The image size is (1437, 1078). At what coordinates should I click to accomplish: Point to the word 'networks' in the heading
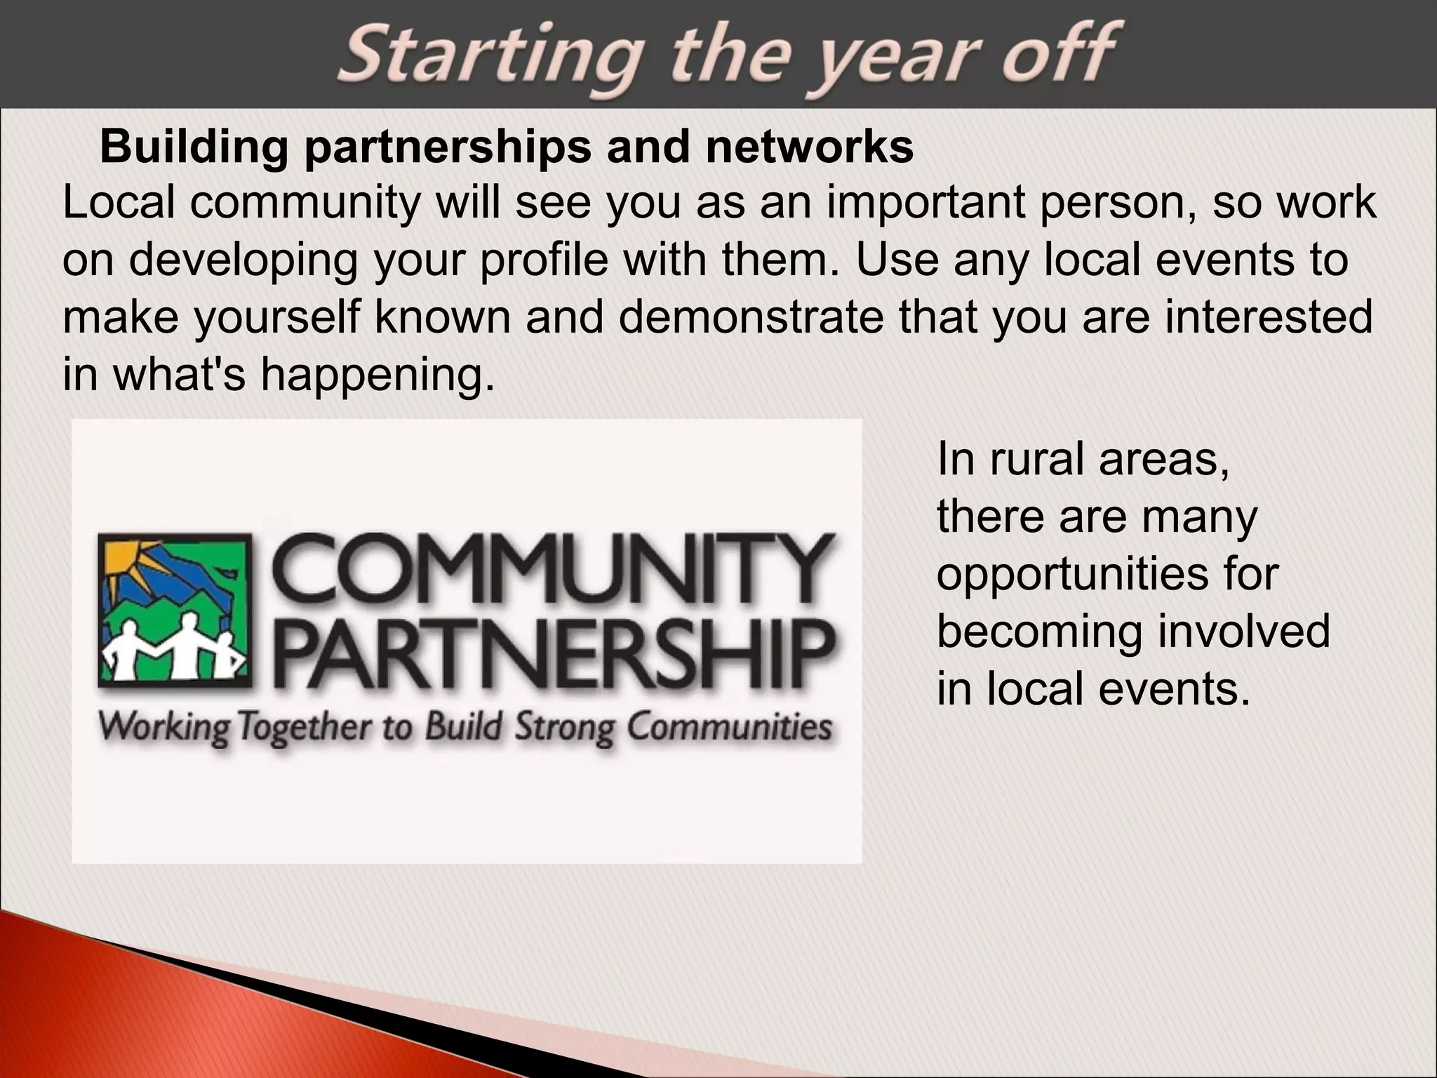tap(810, 147)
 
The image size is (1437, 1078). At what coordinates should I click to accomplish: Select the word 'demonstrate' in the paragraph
tap(751, 317)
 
